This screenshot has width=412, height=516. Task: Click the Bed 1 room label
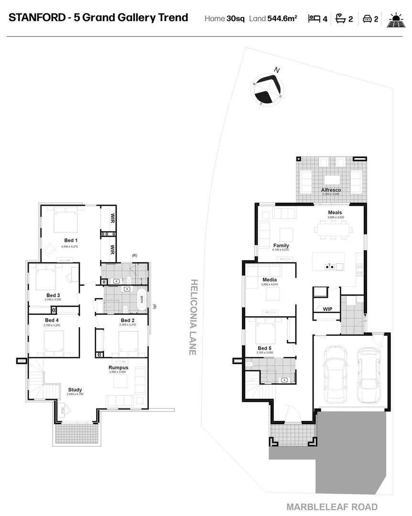pos(71,240)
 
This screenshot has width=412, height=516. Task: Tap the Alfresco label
pos(330,190)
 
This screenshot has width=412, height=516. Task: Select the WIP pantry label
pos(327,309)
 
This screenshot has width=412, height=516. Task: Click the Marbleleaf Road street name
pos(332,507)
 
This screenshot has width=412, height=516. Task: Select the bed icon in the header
pos(314,19)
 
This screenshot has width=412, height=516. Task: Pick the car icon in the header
pos(367,19)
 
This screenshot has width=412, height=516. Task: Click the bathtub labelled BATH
pos(141,300)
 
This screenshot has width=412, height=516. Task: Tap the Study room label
pos(75,389)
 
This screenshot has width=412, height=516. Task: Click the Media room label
pos(270,279)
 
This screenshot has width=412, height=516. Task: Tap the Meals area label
pos(335,213)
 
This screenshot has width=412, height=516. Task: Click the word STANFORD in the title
pos(35,18)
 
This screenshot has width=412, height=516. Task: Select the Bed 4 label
pos(52,320)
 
